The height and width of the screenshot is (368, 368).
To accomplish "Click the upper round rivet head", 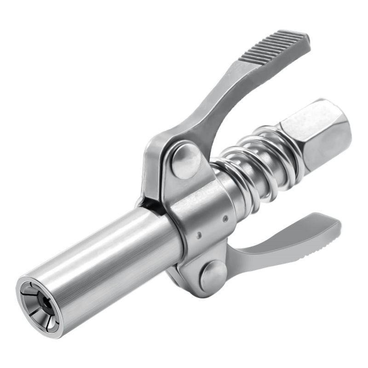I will (186, 159).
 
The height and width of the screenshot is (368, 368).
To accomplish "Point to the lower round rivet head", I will (213, 275).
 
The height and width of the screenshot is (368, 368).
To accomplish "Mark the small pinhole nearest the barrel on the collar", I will (199, 235).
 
